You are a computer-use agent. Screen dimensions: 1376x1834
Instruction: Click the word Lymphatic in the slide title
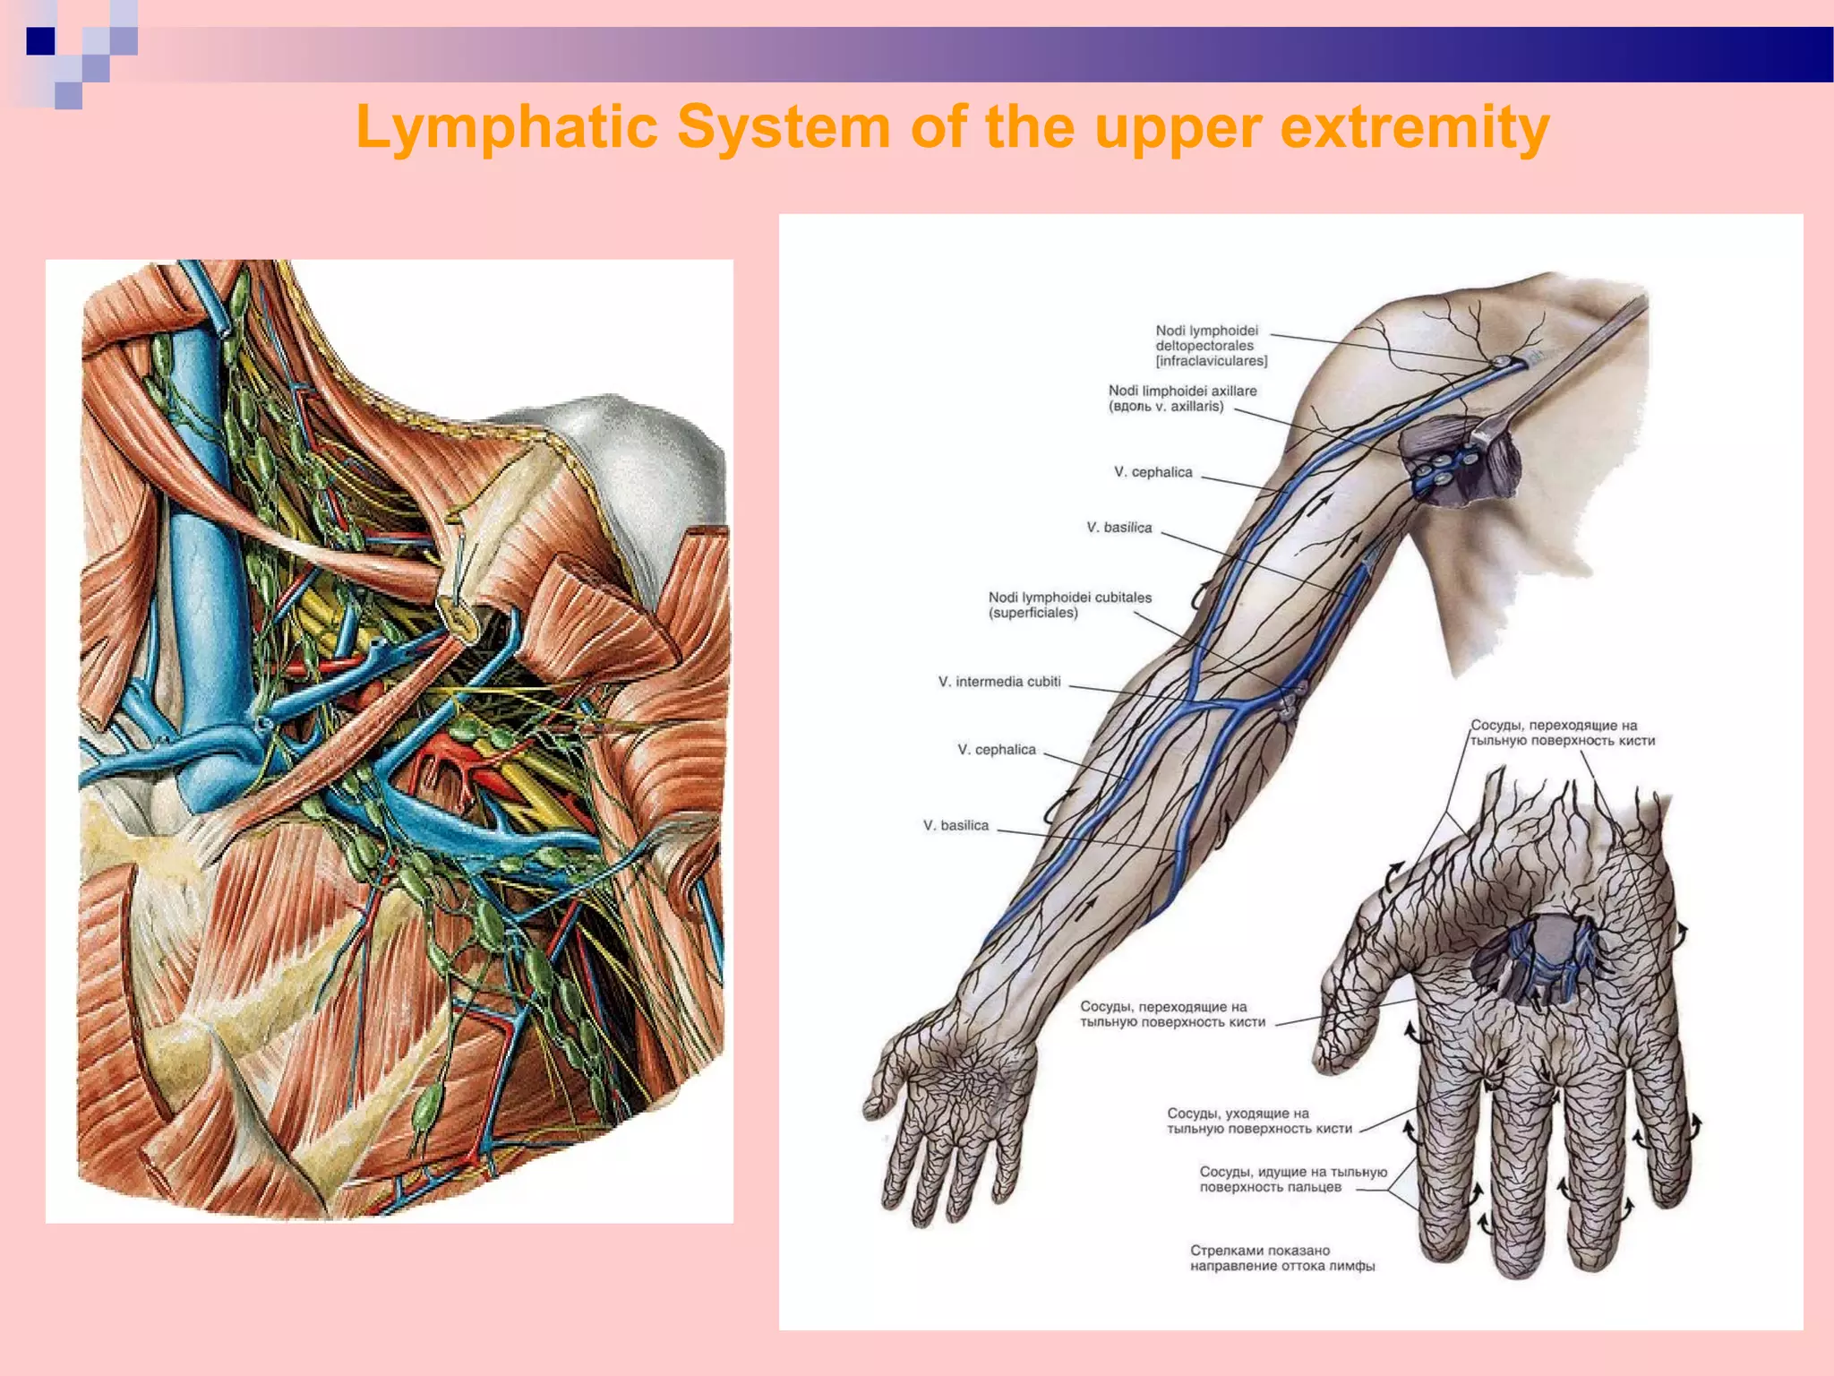coord(507,127)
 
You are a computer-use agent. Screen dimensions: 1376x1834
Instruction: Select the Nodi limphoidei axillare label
coord(1182,399)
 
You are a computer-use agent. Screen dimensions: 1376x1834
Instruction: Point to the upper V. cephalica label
coord(1153,472)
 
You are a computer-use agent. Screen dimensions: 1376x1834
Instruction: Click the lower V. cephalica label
coord(996,750)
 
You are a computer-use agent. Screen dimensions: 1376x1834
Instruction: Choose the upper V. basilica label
coord(1118,528)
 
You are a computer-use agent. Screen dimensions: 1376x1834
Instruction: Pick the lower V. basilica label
coord(956,826)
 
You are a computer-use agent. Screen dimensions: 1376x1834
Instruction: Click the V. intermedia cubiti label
coord(998,682)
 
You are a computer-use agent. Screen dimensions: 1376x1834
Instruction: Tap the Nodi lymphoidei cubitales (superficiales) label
coord(1069,605)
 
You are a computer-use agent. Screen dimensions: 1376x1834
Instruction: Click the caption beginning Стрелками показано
coord(1281,1258)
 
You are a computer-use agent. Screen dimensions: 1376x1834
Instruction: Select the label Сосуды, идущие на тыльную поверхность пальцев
coord(1292,1179)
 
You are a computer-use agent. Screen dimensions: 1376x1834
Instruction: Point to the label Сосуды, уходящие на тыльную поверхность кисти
coord(1258,1121)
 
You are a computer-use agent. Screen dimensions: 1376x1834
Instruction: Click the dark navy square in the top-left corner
coord(40,41)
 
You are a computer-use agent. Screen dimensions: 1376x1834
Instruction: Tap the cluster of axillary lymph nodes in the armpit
coord(1442,470)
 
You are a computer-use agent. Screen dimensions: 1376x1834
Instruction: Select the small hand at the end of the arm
coord(949,1129)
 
